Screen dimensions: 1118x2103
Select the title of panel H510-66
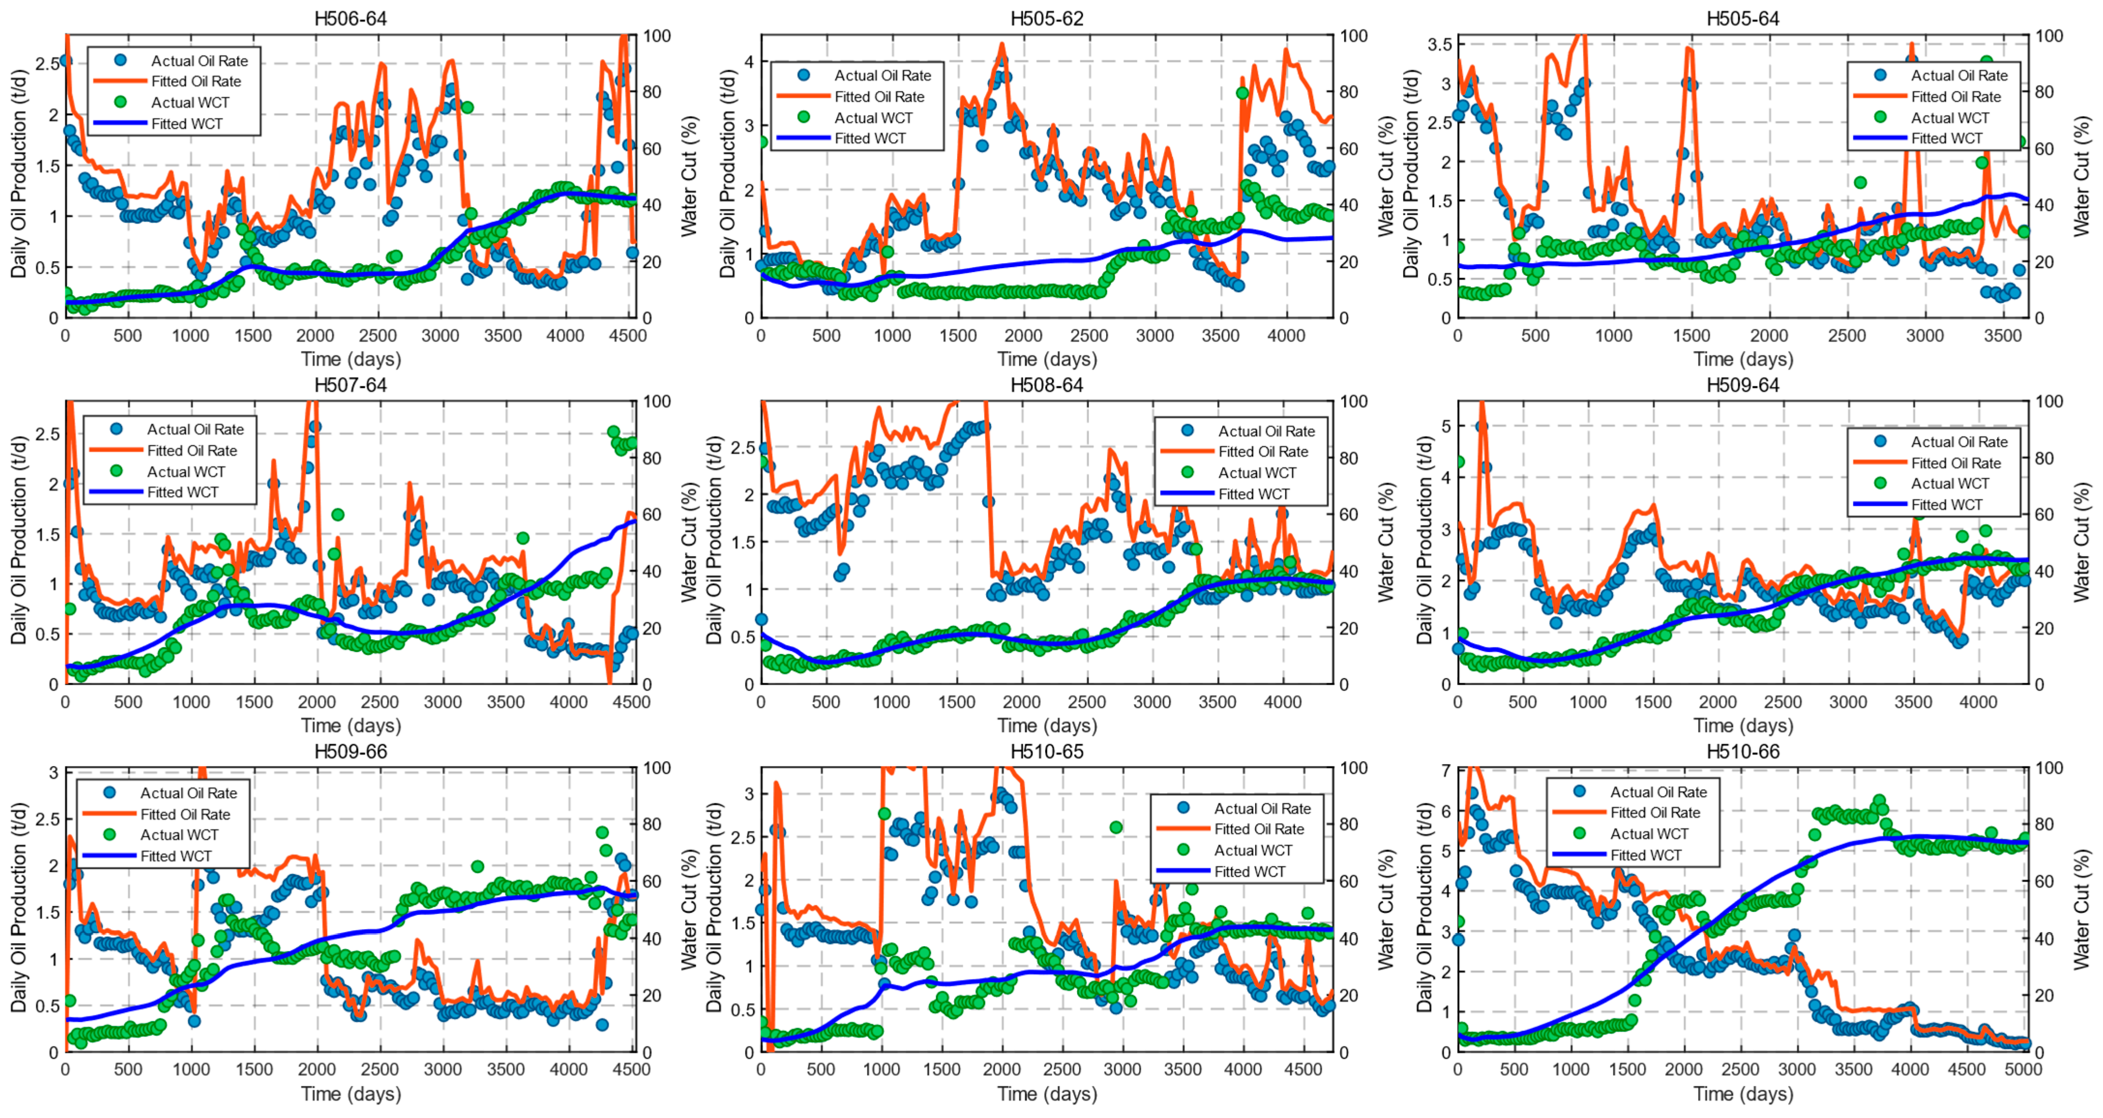click(1743, 751)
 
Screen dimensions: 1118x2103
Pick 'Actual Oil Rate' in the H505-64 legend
click(1958, 75)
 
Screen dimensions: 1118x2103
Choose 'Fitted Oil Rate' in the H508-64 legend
click(1263, 452)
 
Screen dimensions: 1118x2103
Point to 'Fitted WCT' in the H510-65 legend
click(1249, 871)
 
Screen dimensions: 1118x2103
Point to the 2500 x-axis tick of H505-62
click(1089, 335)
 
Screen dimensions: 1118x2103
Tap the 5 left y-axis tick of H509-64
click(1446, 426)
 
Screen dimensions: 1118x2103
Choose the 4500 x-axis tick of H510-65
click(1303, 1069)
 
